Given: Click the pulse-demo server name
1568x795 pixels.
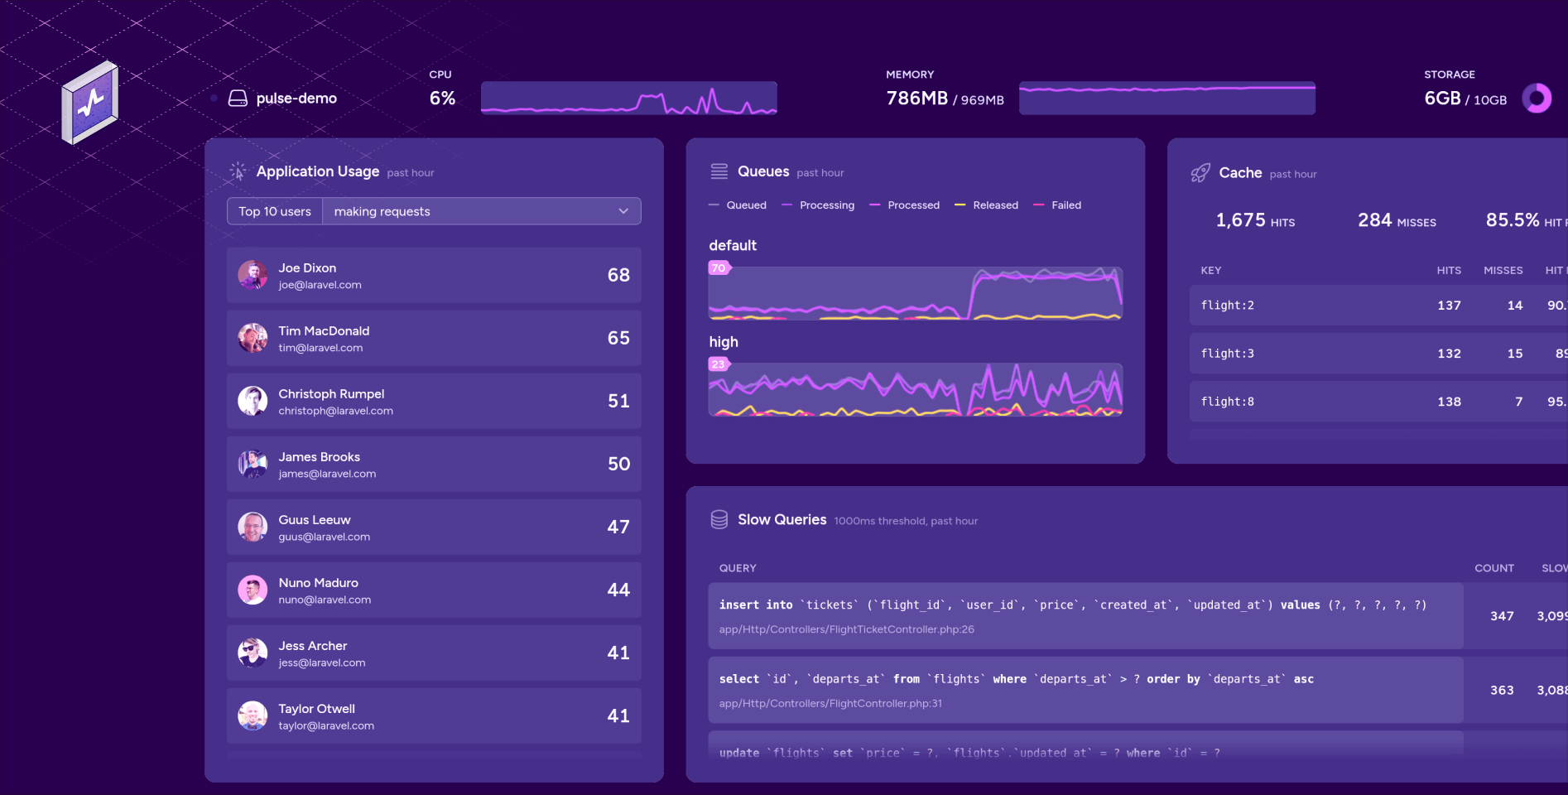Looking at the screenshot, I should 296,99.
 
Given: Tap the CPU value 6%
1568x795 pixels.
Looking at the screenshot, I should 442,99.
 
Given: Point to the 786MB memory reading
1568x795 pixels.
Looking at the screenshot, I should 916,99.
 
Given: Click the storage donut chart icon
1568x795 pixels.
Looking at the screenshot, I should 1537,99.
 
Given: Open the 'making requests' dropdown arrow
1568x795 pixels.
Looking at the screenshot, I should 623,211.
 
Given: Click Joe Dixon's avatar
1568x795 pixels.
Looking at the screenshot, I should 253,275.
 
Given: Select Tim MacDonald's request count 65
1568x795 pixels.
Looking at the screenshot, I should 618,338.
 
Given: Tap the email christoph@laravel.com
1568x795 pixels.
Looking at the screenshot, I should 335,412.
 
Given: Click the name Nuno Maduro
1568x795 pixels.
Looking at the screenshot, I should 318,583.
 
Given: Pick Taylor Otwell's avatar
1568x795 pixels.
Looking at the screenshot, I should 253,715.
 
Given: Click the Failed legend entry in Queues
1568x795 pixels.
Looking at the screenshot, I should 1065,205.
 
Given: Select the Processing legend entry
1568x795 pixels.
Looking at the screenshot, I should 826,205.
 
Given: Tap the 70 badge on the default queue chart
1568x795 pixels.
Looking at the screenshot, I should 719,268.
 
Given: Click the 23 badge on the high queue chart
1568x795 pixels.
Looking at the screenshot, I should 718,364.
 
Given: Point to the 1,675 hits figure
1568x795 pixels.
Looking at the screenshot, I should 1240,220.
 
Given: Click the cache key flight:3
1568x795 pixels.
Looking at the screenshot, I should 1227,354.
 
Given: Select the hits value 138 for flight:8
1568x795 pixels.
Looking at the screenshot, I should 1449,402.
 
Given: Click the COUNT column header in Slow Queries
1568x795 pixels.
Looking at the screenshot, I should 1493,568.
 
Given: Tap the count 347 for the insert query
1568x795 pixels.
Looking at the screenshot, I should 1502,616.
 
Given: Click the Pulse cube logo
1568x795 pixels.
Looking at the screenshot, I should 90,102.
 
